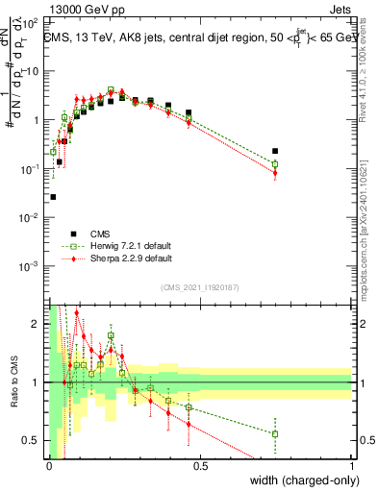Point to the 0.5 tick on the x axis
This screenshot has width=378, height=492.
pos(200,465)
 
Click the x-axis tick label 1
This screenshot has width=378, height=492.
pos(352,465)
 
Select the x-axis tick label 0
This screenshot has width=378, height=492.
pos(49,465)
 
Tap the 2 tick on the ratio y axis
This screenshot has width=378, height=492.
pos(38,324)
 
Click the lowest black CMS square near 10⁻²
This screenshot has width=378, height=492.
pos(52,197)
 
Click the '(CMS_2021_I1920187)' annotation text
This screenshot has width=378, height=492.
pos(200,286)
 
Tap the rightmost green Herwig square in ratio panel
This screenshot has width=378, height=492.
pos(275,433)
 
